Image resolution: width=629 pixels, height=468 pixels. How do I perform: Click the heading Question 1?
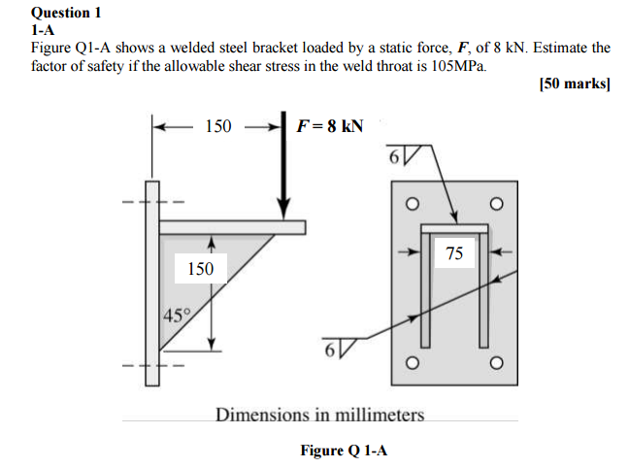tap(66, 13)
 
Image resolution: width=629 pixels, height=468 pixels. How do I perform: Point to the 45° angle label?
tap(176, 314)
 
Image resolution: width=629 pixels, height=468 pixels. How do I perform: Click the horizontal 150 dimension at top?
tap(218, 125)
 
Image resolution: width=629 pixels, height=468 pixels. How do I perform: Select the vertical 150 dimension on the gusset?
tap(201, 268)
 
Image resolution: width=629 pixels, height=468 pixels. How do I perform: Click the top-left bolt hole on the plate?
tap(411, 203)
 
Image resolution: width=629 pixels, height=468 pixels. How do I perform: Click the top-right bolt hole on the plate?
tap(497, 203)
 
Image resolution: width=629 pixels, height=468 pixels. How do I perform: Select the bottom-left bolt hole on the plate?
tap(411, 364)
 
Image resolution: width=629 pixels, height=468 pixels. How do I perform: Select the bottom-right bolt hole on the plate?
tap(497, 364)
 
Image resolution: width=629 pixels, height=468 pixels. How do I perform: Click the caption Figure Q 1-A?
tap(344, 451)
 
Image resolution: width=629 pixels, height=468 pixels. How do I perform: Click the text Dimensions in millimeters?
tap(319, 416)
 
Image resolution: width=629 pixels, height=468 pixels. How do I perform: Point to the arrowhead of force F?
tap(283, 211)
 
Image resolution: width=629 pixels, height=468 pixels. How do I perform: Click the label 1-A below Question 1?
tap(43, 29)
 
